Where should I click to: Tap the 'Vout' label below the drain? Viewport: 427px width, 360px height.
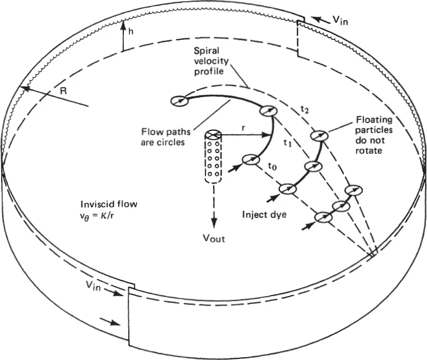coord(215,240)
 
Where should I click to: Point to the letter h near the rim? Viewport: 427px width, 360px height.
coord(130,33)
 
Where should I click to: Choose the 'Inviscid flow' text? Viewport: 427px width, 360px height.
coord(108,203)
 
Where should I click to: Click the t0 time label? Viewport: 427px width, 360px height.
coord(271,165)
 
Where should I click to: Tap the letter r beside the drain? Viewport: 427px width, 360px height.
coord(243,127)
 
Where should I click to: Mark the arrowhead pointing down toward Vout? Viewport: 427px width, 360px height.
coord(214,222)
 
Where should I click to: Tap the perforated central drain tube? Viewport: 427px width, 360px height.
coord(214,161)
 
